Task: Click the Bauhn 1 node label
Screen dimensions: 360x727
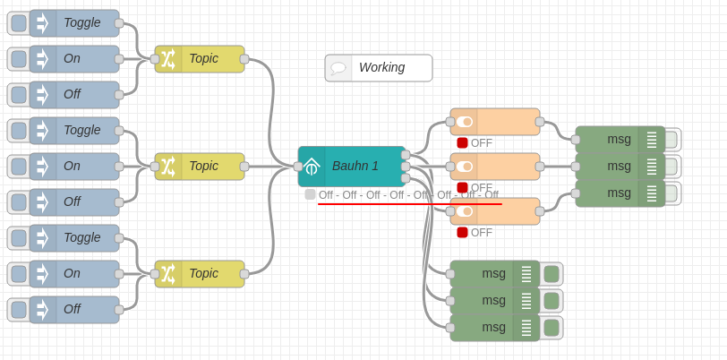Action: click(355, 166)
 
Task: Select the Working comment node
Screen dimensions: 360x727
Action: click(381, 67)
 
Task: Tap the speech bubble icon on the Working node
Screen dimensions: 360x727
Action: click(338, 68)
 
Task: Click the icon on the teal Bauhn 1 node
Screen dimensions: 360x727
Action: click(312, 167)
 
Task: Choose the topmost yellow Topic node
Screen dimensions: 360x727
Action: click(202, 59)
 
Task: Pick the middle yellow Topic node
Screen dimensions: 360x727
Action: click(202, 167)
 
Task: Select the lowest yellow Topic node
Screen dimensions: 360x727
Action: click(202, 274)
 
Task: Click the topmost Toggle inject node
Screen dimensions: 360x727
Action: click(81, 23)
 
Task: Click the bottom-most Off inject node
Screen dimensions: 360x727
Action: click(81, 310)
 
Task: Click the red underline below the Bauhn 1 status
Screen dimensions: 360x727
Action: click(409, 204)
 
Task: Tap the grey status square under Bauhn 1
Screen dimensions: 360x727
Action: click(310, 194)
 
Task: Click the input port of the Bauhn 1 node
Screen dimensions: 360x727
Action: click(298, 167)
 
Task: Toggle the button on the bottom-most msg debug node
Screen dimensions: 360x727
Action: click(552, 328)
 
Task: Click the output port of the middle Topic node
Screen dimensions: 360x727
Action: click(244, 167)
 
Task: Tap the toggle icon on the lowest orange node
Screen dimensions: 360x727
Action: click(464, 211)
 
